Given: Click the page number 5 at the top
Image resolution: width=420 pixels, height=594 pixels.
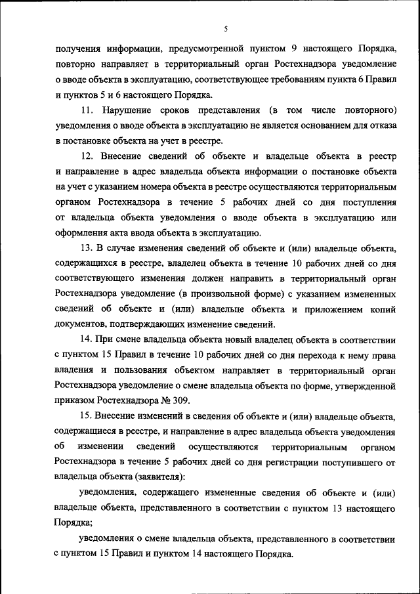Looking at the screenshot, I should [x=225, y=30].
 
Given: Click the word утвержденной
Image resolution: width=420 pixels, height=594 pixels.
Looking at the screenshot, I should [x=364, y=387].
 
